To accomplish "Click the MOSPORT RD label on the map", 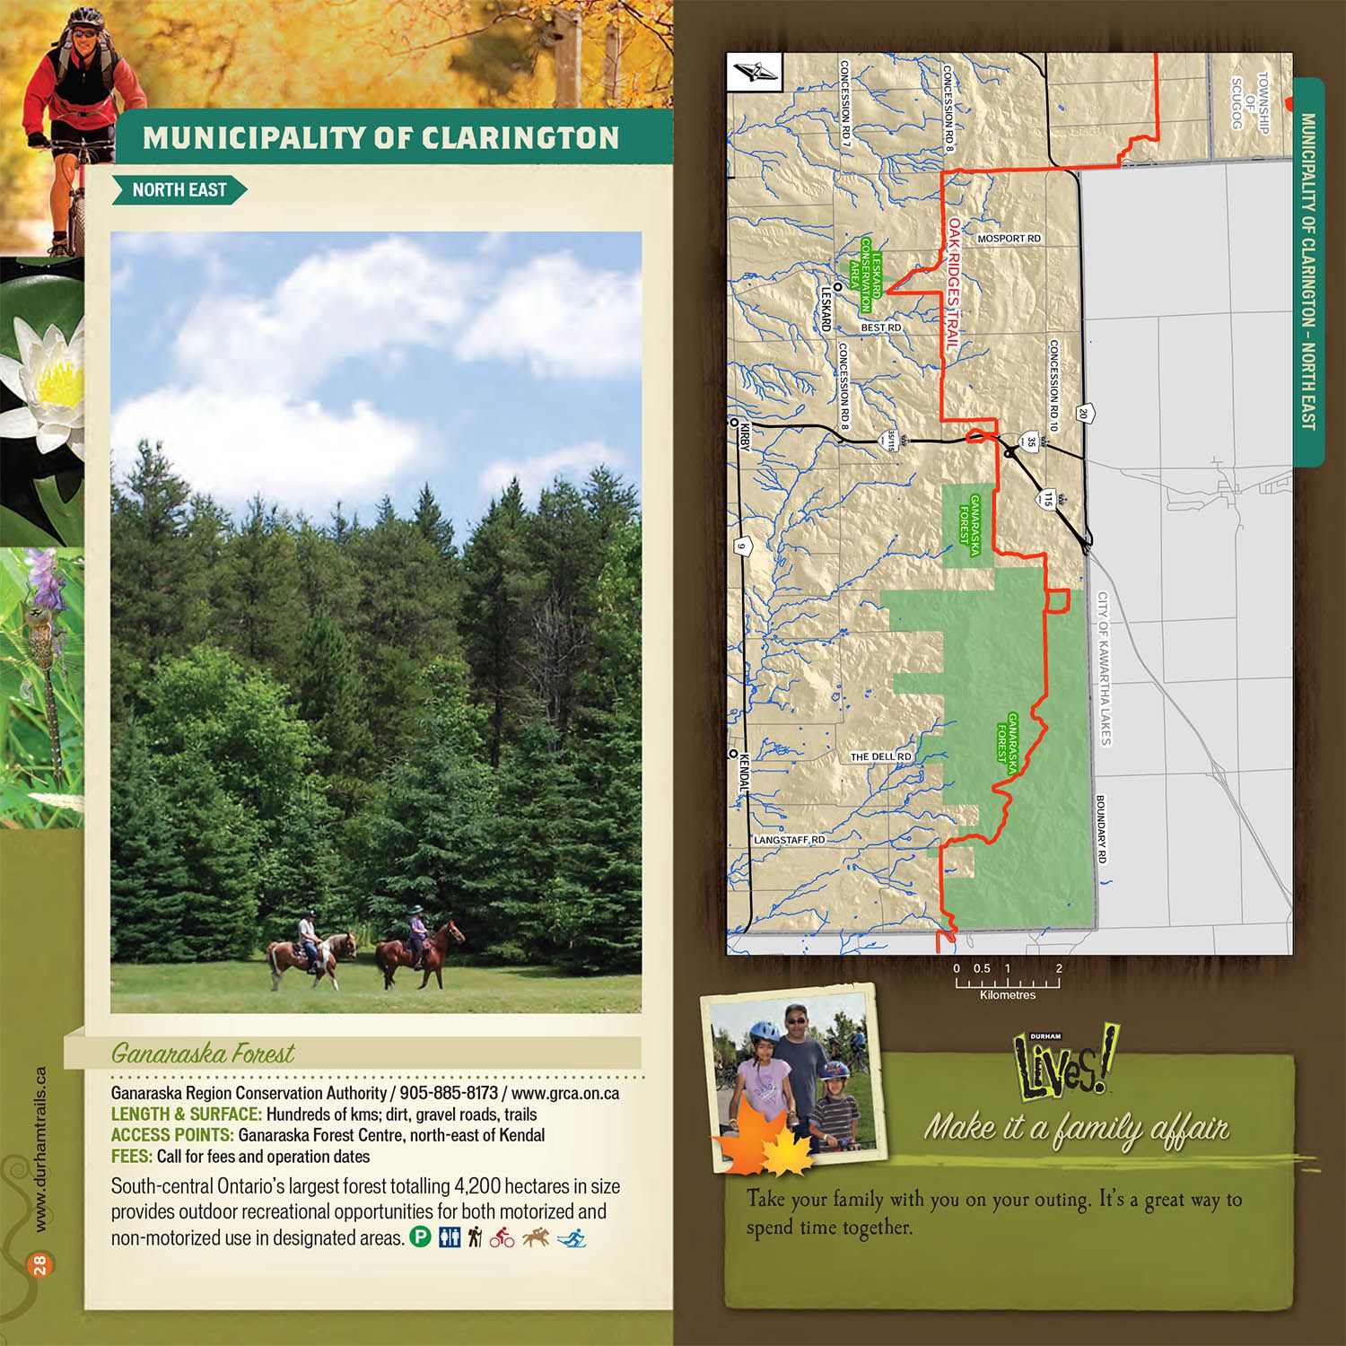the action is (1009, 239).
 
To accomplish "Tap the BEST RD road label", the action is (880, 328).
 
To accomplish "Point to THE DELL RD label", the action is (880, 756).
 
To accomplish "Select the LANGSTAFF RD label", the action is (789, 840).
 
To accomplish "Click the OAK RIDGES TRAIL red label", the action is (953, 284).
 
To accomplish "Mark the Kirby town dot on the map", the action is (734, 422).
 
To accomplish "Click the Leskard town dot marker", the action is (836, 286).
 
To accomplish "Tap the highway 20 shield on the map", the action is (1083, 414).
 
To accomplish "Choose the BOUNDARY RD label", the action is (1101, 829).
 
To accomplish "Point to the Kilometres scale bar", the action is (1007, 983).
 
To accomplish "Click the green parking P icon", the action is (420, 1237).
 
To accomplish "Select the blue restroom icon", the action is (449, 1237).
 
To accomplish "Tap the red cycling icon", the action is (502, 1237).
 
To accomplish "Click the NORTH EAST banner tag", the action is (179, 190).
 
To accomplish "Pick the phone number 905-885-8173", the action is (448, 1093).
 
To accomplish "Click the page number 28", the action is (39, 1265).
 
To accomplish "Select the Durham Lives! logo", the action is (1063, 1065).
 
